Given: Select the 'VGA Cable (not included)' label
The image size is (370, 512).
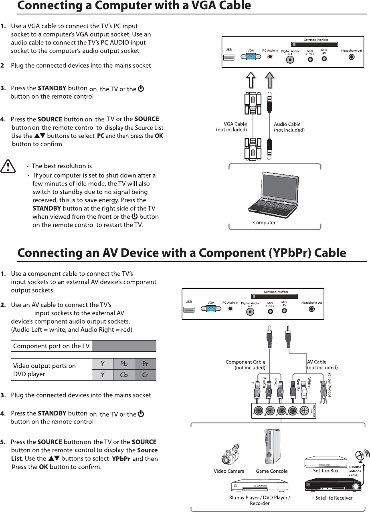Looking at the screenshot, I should (x=232, y=127).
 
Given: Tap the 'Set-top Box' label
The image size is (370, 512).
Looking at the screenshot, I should (x=326, y=471).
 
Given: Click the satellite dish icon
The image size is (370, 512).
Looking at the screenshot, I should (x=360, y=456).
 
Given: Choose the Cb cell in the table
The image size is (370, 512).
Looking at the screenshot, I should (x=124, y=375).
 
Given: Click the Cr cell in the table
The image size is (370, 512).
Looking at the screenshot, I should (x=145, y=375).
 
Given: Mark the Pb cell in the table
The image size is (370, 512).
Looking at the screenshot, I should (x=124, y=364).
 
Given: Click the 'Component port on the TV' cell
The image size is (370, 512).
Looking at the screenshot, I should (x=51, y=346).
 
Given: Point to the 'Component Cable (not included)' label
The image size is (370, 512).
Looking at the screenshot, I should (x=245, y=365).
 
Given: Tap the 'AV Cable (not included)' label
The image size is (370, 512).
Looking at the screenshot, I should (x=322, y=365).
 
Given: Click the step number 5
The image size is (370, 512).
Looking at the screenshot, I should (x=3, y=442).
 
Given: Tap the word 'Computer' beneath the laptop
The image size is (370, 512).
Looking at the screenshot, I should (x=264, y=222).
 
